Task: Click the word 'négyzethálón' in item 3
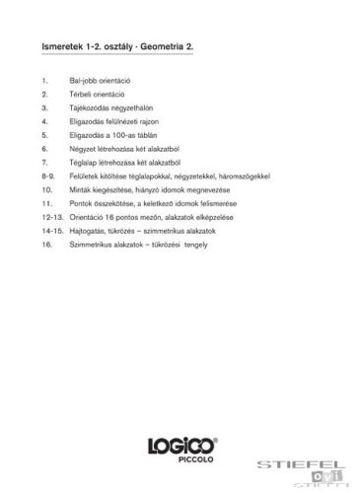pyautogui.click(x=133, y=106)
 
